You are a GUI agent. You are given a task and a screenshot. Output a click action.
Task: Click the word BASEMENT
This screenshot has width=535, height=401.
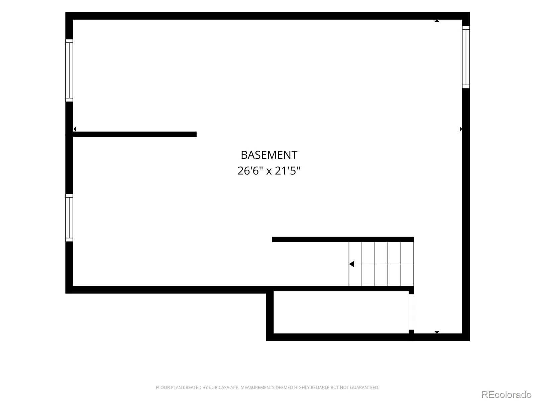click(269, 155)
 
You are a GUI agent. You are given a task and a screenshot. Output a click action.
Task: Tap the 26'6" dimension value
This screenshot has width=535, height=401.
click(250, 171)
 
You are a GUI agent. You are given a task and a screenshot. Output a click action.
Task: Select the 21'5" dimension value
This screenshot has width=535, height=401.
click(287, 171)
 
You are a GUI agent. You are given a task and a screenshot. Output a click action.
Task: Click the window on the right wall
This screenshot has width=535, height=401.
click(466, 57)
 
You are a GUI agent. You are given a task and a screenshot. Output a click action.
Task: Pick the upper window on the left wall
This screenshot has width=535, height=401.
click(69, 71)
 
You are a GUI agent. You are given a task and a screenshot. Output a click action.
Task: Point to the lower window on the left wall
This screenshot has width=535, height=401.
click(69, 218)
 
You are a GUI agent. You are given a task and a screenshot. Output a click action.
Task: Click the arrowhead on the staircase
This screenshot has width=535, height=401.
click(352, 264)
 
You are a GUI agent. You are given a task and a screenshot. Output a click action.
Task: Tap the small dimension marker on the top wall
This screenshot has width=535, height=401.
click(437, 21)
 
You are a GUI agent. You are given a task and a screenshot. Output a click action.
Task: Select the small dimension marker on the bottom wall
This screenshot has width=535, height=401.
click(437, 332)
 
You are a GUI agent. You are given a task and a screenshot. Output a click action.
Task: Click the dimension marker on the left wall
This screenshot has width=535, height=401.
click(75, 129)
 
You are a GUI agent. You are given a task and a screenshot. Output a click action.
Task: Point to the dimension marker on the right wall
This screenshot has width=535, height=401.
click(461, 129)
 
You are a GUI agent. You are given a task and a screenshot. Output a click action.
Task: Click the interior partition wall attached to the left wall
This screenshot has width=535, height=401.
click(135, 134)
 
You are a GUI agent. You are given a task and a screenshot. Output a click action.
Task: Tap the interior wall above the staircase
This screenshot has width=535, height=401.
click(343, 239)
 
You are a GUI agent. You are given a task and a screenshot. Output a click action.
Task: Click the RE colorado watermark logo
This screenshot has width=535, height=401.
click(506, 394)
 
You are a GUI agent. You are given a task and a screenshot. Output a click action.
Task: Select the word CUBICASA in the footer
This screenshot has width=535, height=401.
click(219, 387)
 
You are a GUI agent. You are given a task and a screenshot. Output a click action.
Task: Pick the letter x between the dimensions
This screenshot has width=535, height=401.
click(269, 171)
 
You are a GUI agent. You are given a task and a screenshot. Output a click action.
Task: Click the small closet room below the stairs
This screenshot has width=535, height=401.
click(341, 312)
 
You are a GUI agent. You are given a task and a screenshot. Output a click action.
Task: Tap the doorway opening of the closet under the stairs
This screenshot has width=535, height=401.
click(411, 312)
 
